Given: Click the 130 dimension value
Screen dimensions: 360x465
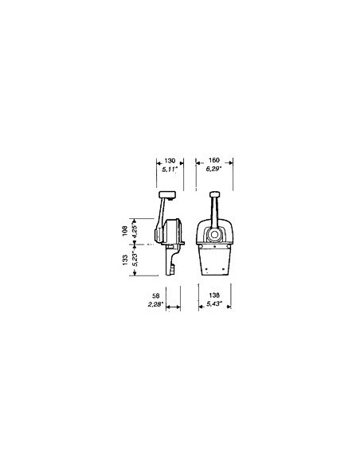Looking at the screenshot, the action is (x=170, y=161).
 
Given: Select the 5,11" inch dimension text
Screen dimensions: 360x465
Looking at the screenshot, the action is (x=170, y=170).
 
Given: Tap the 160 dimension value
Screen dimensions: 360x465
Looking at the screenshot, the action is (x=213, y=160).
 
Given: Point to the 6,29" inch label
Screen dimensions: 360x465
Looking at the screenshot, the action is (x=214, y=169).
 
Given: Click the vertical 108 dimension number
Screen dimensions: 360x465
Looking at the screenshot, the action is (x=125, y=231).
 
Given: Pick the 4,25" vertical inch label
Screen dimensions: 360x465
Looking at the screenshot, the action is (x=135, y=231).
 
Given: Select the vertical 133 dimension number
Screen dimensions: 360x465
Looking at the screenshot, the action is (x=125, y=260).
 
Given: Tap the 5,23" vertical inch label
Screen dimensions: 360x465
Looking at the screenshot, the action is (x=135, y=260).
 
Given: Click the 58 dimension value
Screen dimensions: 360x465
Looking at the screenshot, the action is (x=155, y=295).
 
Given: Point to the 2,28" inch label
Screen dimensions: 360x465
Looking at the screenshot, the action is (x=155, y=304).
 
